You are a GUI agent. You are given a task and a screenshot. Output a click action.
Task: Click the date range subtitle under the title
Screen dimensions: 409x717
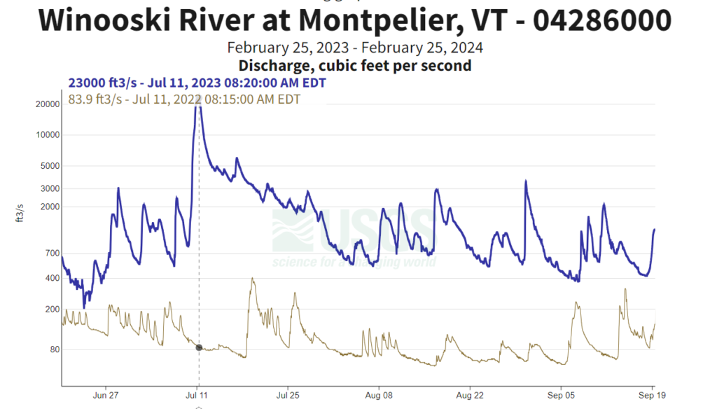pos(355,48)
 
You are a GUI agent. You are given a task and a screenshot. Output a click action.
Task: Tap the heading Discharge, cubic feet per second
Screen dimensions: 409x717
pos(355,66)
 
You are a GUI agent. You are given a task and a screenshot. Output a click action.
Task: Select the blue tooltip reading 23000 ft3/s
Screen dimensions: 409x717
pos(197,83)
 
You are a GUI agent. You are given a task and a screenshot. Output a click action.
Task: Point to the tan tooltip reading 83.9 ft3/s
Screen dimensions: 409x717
pos(184,99)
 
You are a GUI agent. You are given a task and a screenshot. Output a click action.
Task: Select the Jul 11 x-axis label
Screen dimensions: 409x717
pos(197,395)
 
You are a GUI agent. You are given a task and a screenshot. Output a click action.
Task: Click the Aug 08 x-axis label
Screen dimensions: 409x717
pos(378,395)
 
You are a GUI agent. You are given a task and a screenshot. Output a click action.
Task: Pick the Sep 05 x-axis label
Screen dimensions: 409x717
pos(562,395)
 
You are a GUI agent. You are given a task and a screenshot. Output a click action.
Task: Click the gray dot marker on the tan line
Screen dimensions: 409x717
pos(199,347)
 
